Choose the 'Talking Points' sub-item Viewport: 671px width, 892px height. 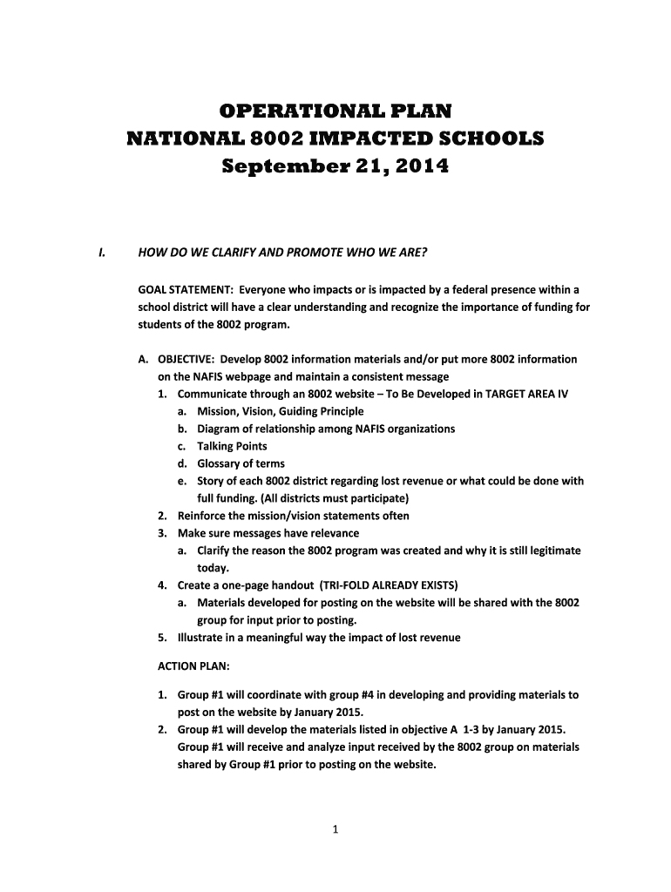pos(233,446)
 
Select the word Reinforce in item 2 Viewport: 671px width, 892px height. pos(202,516)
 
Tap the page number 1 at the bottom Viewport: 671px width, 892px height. pos(335,829)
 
